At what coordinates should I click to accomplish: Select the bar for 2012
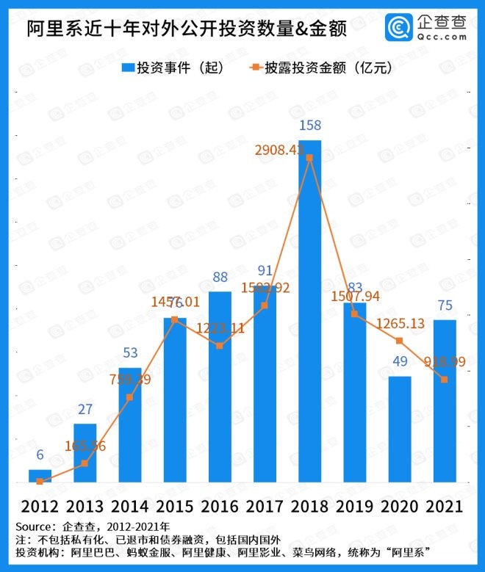tap(40, 475)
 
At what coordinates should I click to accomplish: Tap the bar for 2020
tap(400, 429)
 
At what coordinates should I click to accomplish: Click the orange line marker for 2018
tap(309, 158)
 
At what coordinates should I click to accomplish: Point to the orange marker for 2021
tap(445, 379)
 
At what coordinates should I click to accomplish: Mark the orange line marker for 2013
tap(85, 463)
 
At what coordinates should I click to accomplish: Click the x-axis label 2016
tap(220, 507)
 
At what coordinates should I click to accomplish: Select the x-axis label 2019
tap(355, 507)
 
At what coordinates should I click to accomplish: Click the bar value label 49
tap(400, 363)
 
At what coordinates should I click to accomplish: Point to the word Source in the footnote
tap(35, 526)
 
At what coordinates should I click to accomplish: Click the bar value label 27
tap(85, 410)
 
